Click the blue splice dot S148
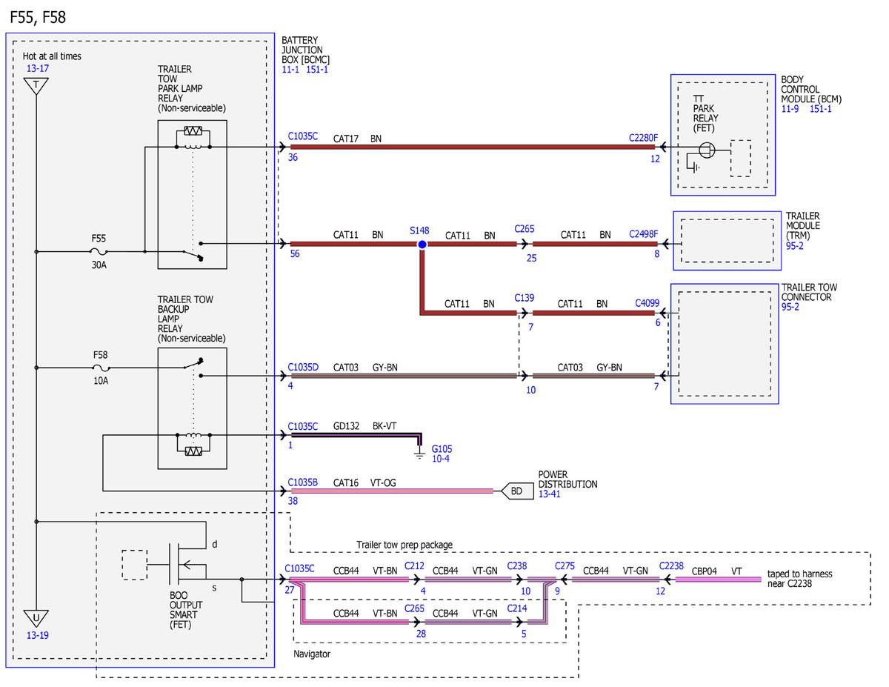pyautogui.click(x=422, y=245)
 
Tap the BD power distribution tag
pyautogui.click(x=517, y=491)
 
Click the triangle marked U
pyautogui.click(x=36, y=618)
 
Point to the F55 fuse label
pyautogui.click(x=99, y=238)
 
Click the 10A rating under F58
pyautogui.click(x=101, y=381)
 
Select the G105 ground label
pyautogui.click(x=442, y=449)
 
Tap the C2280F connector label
pyautogui.click(x=643, y=138)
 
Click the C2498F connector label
pyautogui.click(x=643, y=234)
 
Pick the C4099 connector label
pyautogui.click(x=647, y=303)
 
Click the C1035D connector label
pyautogui.click(x=303, y=367)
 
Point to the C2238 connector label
pyautogui.click(x=671, y=566)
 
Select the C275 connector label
pyautogui.click(x=565, y=566)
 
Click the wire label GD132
pyautogui.click(x=346, y=426)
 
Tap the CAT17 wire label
pyautogui.click(x=346, y=139)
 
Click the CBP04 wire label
pyautogui.click(x=704, y=571)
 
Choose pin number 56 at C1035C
pyautogui.click(x=295, y=253)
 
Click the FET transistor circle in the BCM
pyautogui.click(x=707, y=150)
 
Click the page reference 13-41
pyautogui.click(x=549, y=494)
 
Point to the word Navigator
pyautogui.click(x=312, y=654)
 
